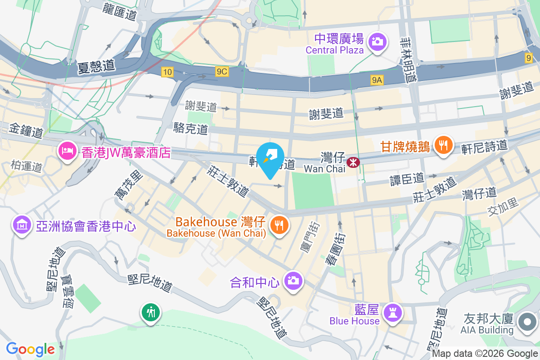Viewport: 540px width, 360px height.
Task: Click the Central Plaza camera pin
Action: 377,42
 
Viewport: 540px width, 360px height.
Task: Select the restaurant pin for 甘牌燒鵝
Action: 444,145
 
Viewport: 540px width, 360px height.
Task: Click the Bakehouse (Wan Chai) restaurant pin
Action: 279,225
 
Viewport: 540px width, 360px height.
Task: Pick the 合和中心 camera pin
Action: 293,281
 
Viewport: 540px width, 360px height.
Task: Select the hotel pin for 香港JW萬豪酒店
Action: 68,151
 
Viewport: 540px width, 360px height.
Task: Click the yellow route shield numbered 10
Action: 167,71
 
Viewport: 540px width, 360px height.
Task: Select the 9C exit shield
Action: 222,71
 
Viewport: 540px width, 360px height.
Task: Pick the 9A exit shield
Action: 377,80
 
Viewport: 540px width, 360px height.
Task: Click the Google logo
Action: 31,349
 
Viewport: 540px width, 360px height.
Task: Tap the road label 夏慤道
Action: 96,66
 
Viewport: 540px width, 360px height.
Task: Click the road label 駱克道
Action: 191,129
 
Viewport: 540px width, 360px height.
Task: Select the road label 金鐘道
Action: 26,132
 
